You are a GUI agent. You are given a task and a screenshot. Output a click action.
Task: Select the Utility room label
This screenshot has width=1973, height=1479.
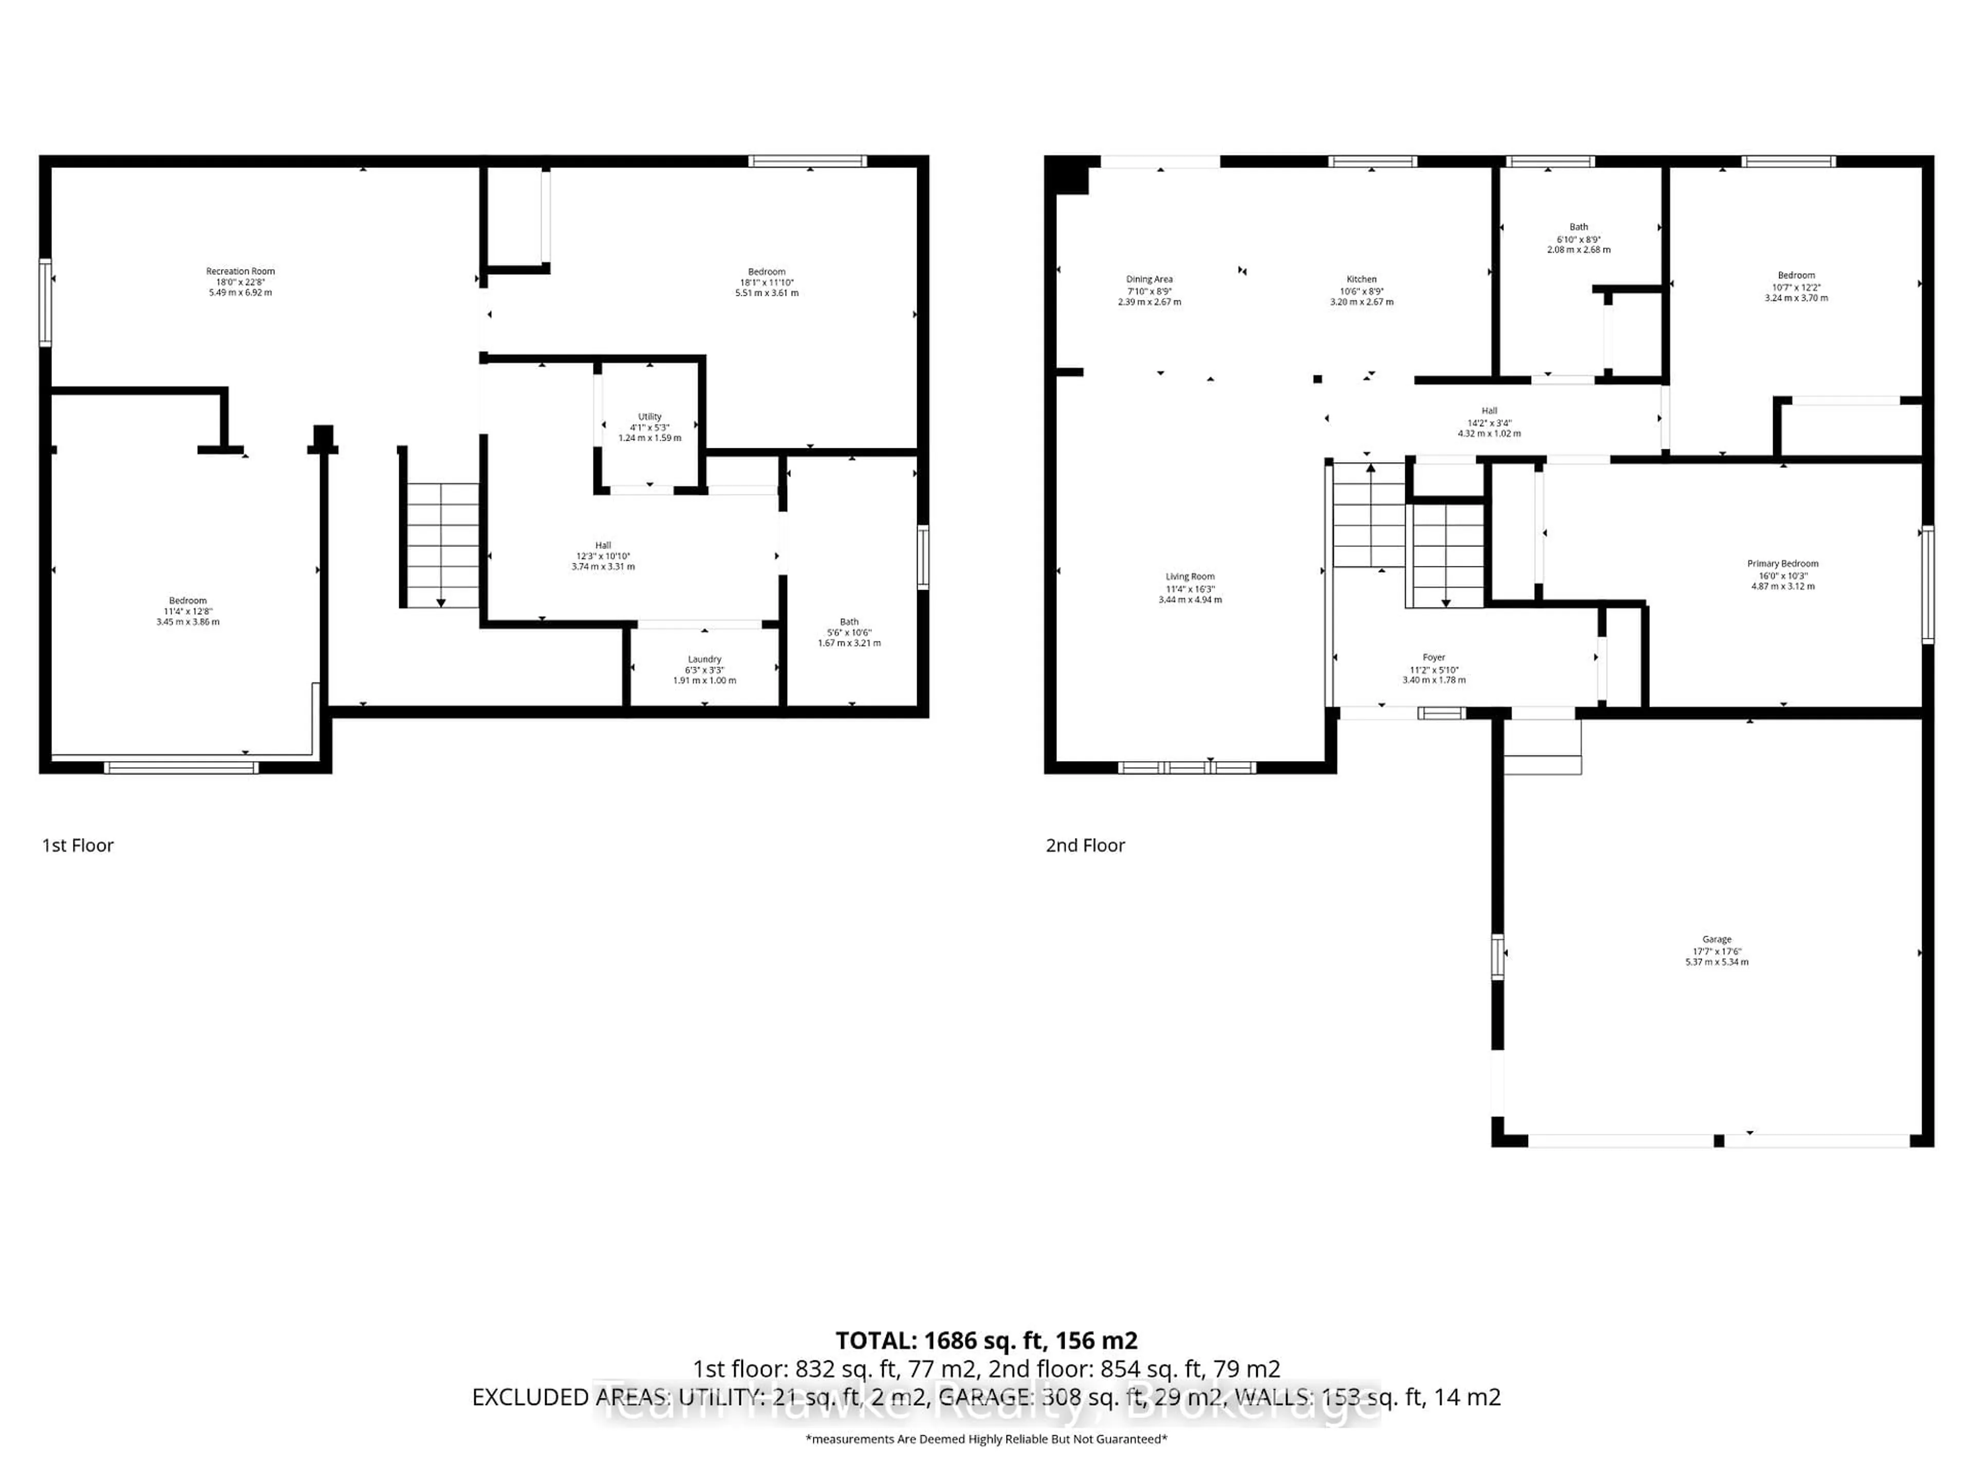point(649,416)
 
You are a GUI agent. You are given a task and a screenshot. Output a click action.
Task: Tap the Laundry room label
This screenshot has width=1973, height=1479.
point(704,659)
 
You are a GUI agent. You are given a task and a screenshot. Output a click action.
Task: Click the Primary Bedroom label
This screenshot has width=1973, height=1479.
point(1782,563)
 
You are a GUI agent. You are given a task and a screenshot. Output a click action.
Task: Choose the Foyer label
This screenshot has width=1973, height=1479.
point(1434,657)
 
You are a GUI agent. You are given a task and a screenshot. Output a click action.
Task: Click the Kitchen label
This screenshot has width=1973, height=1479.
point(1361,279)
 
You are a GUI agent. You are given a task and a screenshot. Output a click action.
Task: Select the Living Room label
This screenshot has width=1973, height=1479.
point(1190,577)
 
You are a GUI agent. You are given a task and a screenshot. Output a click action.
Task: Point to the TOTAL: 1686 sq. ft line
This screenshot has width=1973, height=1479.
point(985,1340)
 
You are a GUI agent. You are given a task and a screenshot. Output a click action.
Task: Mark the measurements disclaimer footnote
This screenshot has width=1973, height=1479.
point(985,1439)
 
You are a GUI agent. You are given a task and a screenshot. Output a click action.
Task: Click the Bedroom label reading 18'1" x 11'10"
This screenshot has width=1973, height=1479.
point(766,282)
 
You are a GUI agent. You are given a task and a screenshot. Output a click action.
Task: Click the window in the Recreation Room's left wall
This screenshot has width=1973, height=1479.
point(45,302)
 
